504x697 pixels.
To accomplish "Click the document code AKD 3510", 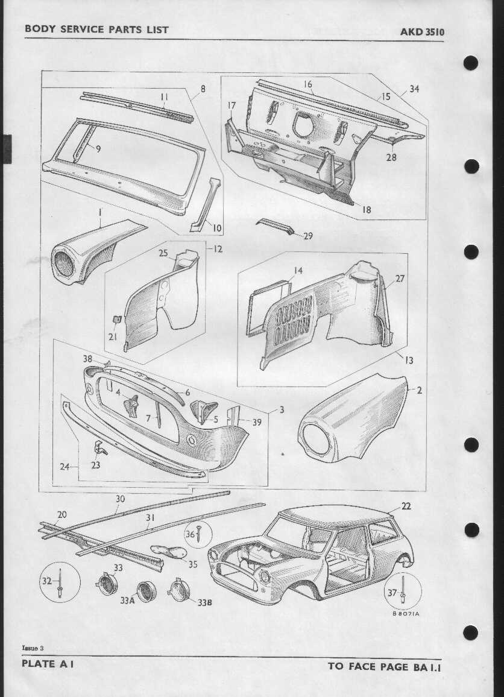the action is pyautogui.click(x=422, y=32).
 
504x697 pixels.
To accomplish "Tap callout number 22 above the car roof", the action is pyautogui.click(x=406, y=506).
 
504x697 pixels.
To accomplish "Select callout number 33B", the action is pyautogui.click(x=204, y=603).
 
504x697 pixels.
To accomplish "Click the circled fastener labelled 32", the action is pyautogui.click(x=60, y=582).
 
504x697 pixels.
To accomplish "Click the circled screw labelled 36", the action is pyautogui.click(x=198, y=534).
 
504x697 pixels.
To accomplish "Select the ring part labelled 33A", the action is pyautogui.click(x=146, y=591).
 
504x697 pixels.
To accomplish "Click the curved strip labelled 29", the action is pyautogui.click(x=276, y=226).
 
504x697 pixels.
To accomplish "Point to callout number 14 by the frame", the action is pyautogui.click(x=298, y=270).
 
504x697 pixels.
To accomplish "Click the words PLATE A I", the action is pyautogui.click(x=47, y=664).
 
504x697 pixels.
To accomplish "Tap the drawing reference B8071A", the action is pyautogui.click(x=406, y=614).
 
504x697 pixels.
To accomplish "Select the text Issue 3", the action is pyautogui.click(x=33, y=648).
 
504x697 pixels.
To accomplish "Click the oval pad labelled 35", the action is pyautogui.click(x=169, y=552).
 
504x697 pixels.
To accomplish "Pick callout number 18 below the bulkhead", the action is pyautogui.click(x=366, y=209).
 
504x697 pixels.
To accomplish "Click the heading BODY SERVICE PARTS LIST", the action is pyautogui.click(x=96, y=30).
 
